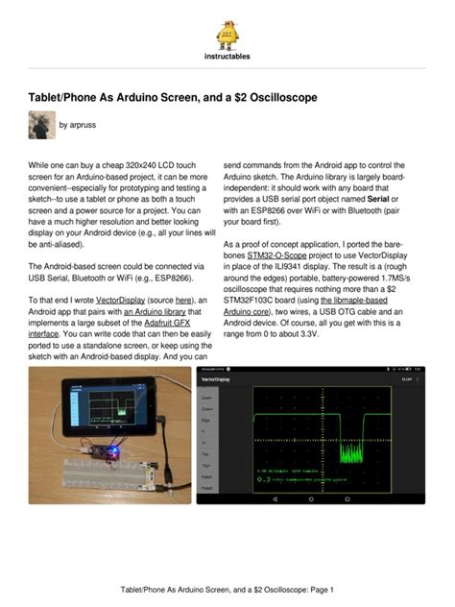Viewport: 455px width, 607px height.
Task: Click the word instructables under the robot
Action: click(227, 56)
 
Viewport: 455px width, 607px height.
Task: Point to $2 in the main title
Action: click(224, 98)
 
